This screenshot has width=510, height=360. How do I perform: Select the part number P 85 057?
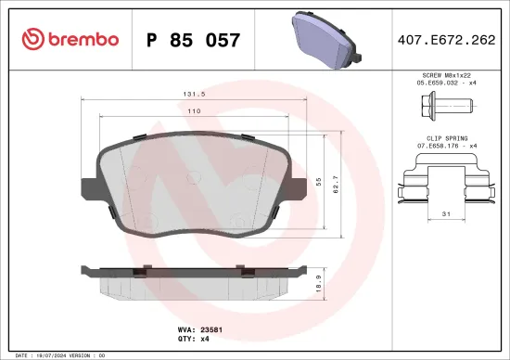pos(194,40)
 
